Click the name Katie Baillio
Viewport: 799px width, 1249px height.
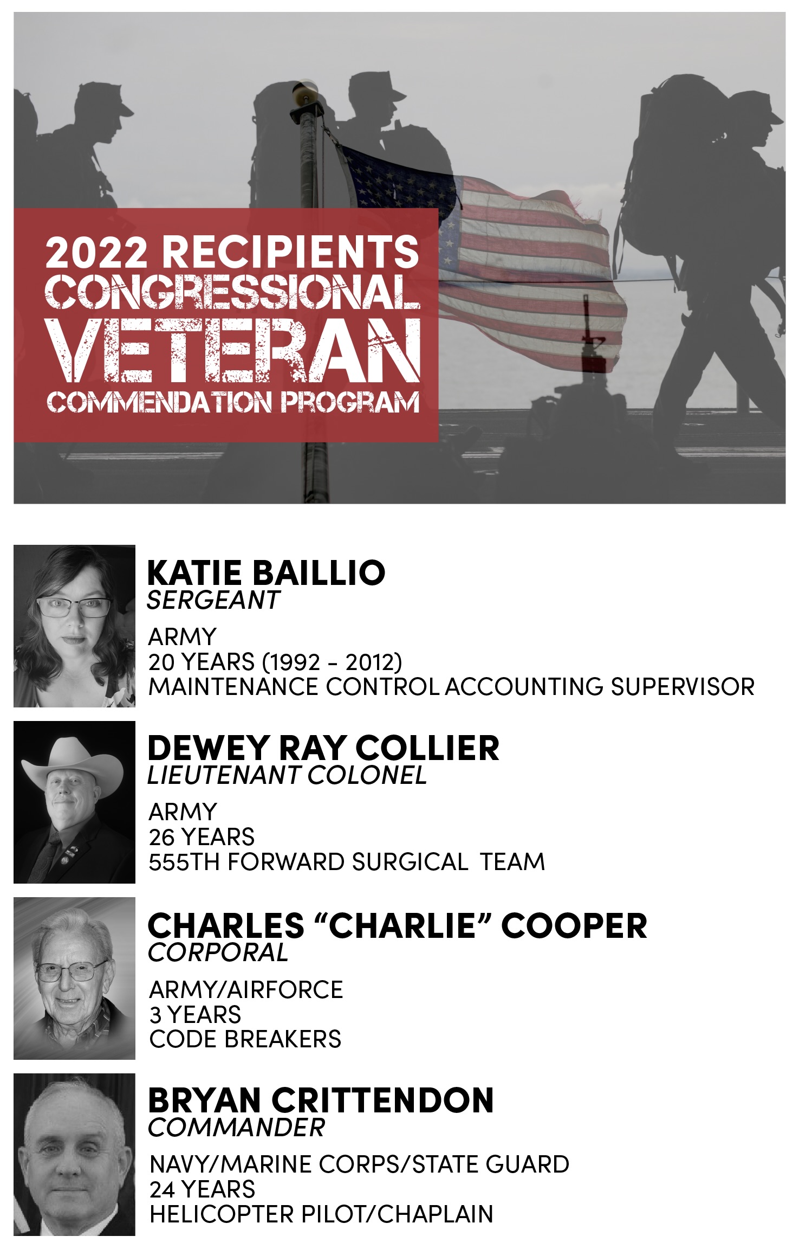[x=266, y=572]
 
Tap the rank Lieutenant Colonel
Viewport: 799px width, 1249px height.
[x=287, y=775]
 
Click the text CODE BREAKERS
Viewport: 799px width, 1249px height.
[x=245, y=1039]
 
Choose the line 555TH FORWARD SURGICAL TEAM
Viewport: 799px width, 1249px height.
[x=347, y=862]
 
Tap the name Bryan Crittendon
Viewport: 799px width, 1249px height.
[x=321, y=1100]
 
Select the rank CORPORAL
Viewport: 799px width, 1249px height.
[x=218, y=952]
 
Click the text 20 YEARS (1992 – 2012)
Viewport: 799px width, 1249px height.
[x=275, y=662]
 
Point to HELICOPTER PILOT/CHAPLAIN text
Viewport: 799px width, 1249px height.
[x=321, y=1214]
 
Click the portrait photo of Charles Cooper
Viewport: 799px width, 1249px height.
[x=74, y=978]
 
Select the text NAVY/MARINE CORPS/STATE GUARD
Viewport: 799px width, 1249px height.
[x=359, y=1164]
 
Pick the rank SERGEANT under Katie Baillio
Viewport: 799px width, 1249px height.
[x=213, y=600]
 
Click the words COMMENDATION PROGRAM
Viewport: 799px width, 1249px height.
[x=233, y=402]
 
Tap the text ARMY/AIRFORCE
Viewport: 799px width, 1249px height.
[x=246, y=989]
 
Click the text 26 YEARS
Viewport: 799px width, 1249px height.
[x=202, y=837]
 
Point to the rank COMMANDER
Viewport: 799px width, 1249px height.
[x=237, y=1128]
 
